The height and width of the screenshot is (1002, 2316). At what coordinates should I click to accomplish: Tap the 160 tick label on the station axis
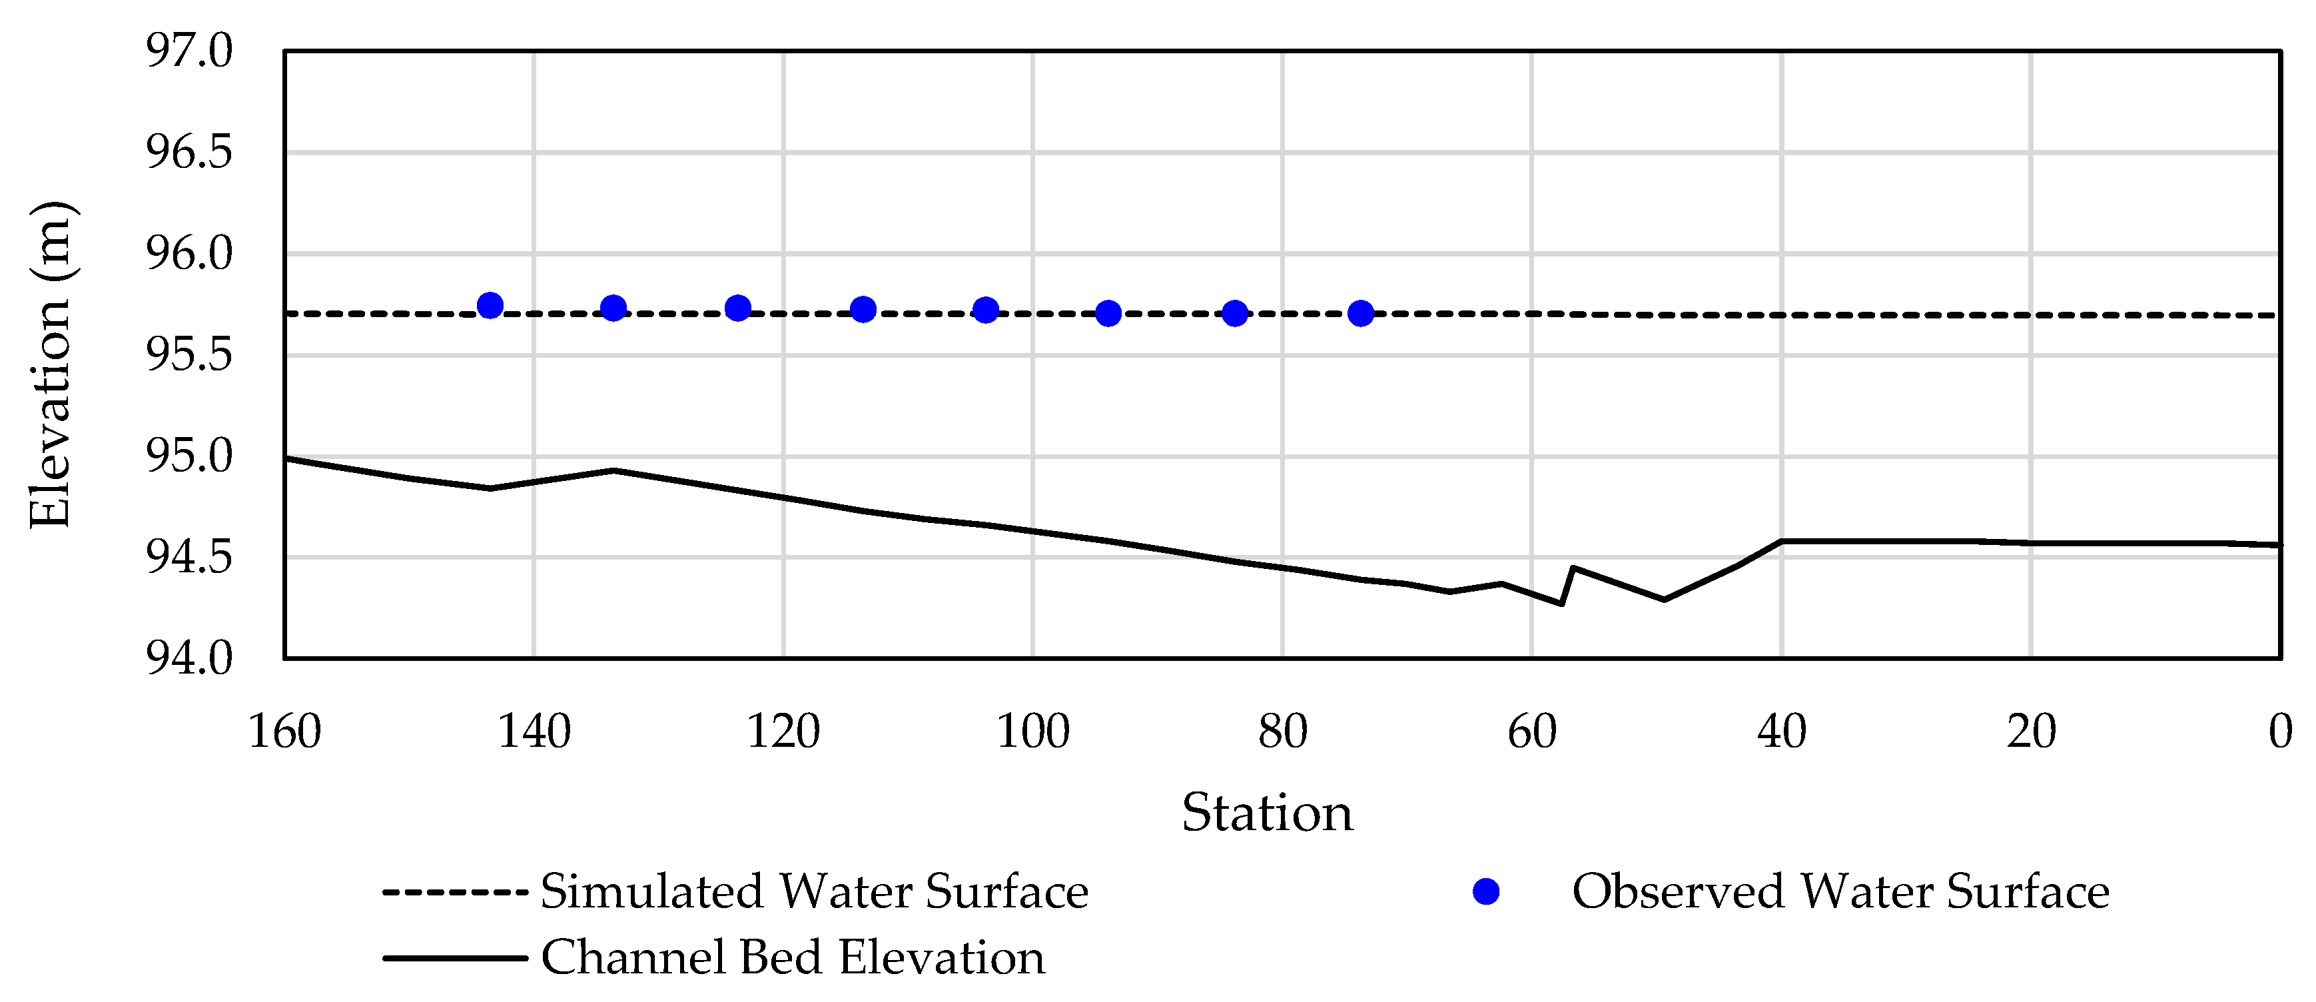pyautogui.click(x=285, y=732)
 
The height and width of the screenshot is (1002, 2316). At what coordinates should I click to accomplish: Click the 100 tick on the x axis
pyautogui.click(x=1033, y=732)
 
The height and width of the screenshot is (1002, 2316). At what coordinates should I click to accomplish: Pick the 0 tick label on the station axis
pyautogui.click(x=2280, y=732)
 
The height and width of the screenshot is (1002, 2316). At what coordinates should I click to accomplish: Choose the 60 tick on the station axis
pyautogui.click(x=1532, y=732)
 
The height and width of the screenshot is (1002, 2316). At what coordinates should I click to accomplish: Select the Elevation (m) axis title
pyautogui.click(x=51, y=364)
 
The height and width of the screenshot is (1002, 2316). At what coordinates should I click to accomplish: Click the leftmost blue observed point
pyautogui.click(x=490, y=305)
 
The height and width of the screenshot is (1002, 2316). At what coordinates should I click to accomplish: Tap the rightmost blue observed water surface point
pyautogui.click(x=1361, y=313)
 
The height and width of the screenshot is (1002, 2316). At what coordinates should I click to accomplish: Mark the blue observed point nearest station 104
pyautogui.click(x=986, y=310)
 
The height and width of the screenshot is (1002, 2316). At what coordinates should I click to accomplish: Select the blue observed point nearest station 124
pyautogui.click(x=738, y=308)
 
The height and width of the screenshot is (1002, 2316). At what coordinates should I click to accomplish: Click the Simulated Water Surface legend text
pyautogui.click(x=815, y=892)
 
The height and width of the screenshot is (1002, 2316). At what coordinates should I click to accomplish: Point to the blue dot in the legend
pyautogui.click(x=1486, y=892)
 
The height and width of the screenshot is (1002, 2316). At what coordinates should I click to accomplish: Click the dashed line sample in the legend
pyautogui.click(x=455, y=892)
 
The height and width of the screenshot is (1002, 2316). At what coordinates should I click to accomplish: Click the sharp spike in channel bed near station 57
pyautogui.click(x=1571, y=568)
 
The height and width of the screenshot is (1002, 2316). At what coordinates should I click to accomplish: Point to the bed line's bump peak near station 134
pyautogui.click(x=613, y=470)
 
